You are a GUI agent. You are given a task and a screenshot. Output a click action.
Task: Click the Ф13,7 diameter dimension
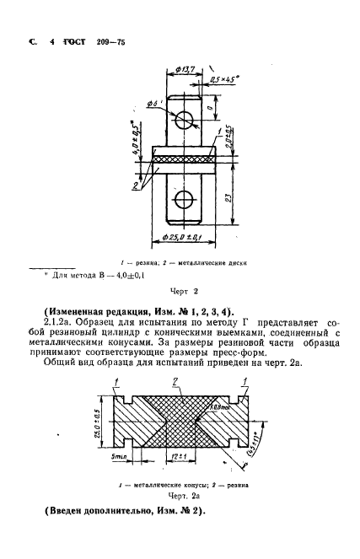click(x=188, y=69)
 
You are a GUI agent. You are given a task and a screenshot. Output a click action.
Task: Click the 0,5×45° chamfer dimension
click(x=221, y=83)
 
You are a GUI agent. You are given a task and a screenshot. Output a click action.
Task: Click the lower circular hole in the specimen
click(x=183, y=201)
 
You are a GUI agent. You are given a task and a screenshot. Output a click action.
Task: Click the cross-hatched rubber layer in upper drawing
click(x=183, y=156)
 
